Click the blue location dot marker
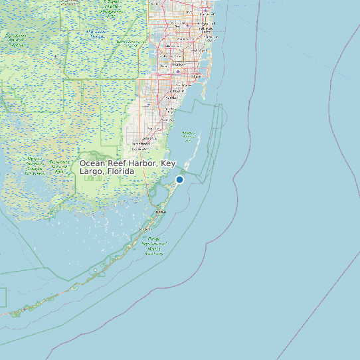pyautogui.click(x=179, y=179)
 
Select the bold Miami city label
pyautogui.click(x=196, y=77)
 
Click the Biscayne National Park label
pyautogui.click(x=189, y=136)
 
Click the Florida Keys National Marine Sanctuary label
pyautogui.click(x=154, y=246)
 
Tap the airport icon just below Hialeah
pyautogui.click(x=178, y=71)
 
